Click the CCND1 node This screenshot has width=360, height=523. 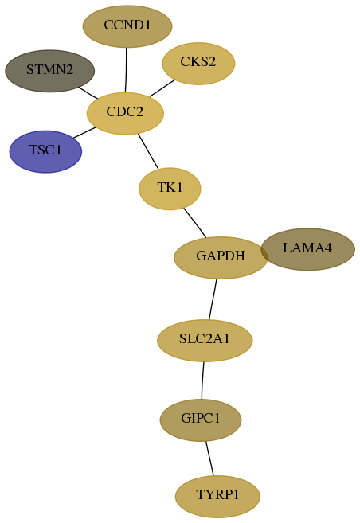[127, 26]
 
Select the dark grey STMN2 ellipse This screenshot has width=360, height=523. [49, 71]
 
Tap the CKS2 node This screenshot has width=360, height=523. [198, 64]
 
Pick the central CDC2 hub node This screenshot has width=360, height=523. [125, 113]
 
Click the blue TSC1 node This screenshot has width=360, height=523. [45, 151]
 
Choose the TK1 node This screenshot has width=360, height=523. [170, 189]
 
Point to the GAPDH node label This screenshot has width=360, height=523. [221, 256]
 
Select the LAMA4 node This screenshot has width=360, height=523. [307, 249]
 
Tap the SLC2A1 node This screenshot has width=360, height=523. [205, 340]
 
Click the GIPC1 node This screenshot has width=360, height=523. [201, 420]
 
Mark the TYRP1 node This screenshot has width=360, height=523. [217, 496]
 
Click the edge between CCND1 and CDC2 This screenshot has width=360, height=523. [126, 70]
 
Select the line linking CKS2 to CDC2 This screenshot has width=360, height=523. [162, 88]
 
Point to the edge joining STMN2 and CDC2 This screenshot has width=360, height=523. [88, 92]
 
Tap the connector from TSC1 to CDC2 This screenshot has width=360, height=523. [84, 132]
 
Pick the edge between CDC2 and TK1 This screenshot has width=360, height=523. [148, 151]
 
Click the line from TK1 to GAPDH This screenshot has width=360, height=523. [195, 223]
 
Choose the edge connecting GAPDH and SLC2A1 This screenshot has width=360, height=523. [213, 299]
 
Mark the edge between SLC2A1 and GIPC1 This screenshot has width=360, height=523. [202, 381]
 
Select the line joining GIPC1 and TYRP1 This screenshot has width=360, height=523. [209, 459]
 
